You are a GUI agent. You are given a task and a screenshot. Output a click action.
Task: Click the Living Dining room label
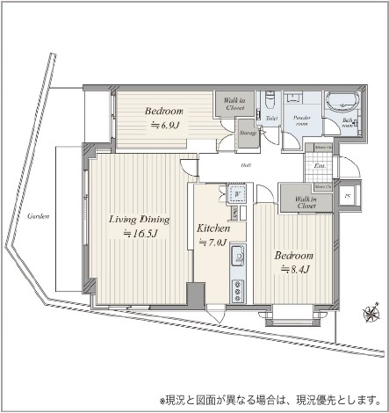pyautogui.click(x=139, y=220)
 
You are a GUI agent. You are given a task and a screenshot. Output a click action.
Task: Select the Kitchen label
pyautogui.click(x=213, y=228)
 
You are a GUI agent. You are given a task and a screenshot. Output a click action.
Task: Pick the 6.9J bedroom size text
pyautogui.click(x=163, y=125)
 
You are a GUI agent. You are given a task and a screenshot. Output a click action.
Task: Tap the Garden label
pyautogui.click(x=37, y=215)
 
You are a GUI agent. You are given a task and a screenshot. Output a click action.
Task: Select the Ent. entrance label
pyautogui.click(x=321, y=163)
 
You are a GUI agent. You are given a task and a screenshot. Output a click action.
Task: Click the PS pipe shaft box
pyautogui.click(x=348, y=195)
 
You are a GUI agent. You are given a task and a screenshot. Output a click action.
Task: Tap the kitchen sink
pyautogui.click(x=237, y=257)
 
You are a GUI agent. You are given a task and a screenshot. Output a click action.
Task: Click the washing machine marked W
pyautogui.click(x=235, y=193)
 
